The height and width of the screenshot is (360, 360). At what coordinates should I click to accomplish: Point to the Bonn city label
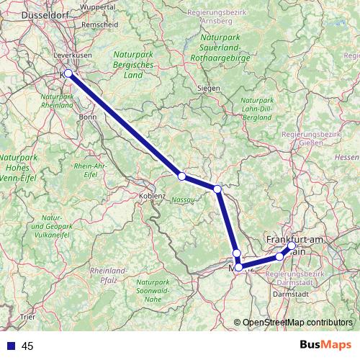tap(87, 116)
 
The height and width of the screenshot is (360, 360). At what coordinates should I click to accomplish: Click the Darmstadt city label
tap(292, 293)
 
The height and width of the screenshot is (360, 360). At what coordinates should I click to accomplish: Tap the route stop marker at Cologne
tap(68, 73)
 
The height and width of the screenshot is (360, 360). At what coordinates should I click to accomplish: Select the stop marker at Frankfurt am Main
tap(292, 246)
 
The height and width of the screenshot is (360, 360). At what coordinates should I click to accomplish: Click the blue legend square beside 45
tap(11, 346)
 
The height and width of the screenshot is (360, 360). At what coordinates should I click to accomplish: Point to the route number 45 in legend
tap(28, 346)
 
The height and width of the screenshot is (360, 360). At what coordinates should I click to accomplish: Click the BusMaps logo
tap(324, 346)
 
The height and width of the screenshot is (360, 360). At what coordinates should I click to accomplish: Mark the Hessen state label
tap(346, 156)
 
